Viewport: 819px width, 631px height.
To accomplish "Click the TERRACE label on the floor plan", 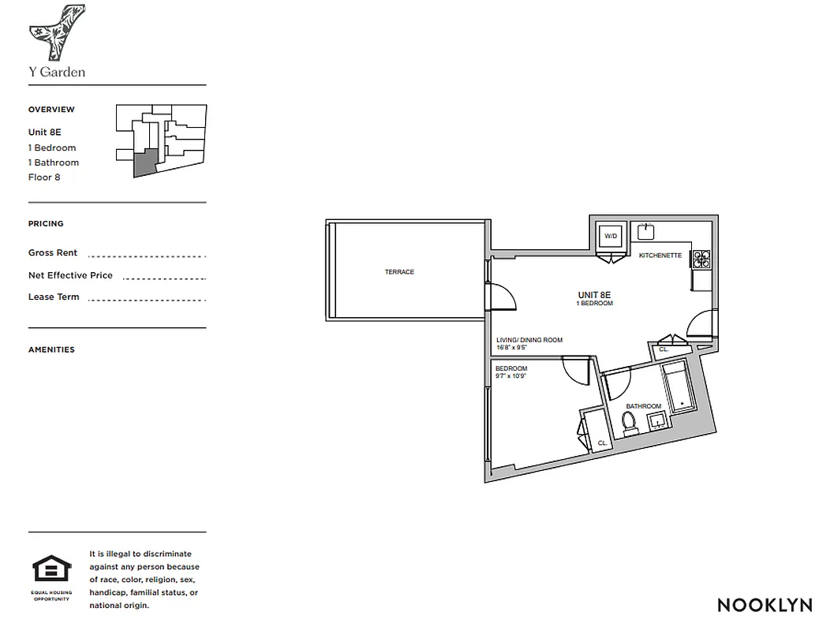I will pyautogui.click(x=399, y=272).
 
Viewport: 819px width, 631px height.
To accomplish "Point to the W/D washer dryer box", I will pyautogui.click(x=611, y=236).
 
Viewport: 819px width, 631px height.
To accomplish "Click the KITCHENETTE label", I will pyautogui.click(x=660, y=256).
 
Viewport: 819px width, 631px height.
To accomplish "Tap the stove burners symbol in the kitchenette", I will pyautogui.click(x=700, y=258).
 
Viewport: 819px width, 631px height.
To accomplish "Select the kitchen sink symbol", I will pyautogui.click(x=647, y=231).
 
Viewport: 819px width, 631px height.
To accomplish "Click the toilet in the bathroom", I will pyautogui.click(x=629, y=424).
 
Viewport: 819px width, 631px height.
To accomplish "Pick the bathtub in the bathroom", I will pyautogui.click(x=677, y=387).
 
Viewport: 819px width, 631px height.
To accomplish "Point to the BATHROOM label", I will pyautogui.click(x=643, y=406).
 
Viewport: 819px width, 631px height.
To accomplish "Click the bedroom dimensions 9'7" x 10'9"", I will pyautogui.click(x=510, y=376).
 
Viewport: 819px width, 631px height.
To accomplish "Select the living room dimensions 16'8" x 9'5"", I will pyautogui.click(x=518, y=348).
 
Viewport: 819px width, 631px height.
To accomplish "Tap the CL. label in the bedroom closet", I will pyautogui.click(x=602, y=443).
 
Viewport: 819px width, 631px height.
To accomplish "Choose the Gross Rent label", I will pyautogui.click(x=53, y=253).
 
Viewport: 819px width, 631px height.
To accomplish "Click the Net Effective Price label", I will pyautogui.click(x=70, y=275).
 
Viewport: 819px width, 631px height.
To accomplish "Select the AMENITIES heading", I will pyautogui.click(x=51, y=349).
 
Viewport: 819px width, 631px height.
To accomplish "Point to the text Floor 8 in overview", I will pyautogui.click(x=44, y=177).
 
